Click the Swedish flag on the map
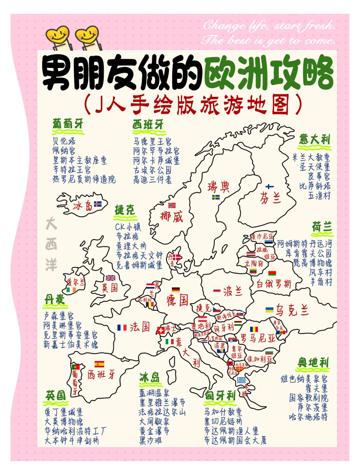(x=216, y=197)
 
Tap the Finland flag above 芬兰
(x=269, y=187)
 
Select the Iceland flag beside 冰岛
(x=98, y=204)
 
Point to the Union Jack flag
(x=110, y=278)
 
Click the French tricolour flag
(x=122, y=328)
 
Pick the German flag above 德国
(x=176, y=290)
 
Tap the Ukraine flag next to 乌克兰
(x=269, y=310)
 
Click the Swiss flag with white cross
(x=161, y=330)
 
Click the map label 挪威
(x=172, y=217)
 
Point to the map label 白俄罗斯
(x=274, y=284)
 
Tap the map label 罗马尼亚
(x=258, y=338)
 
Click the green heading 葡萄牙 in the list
(x=68, y=124)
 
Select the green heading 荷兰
(x=322, y=227)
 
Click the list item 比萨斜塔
(x=315, y=186)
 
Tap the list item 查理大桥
(x=131, y=246)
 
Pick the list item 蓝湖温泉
(x=154, y=393)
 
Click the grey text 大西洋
(x=51, y=244)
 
